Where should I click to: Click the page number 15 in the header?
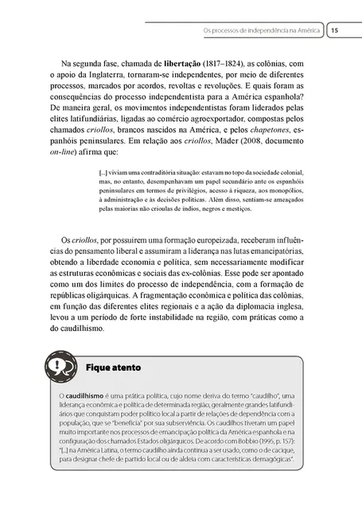click(335, 30)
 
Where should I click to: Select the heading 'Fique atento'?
click(112, 367)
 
